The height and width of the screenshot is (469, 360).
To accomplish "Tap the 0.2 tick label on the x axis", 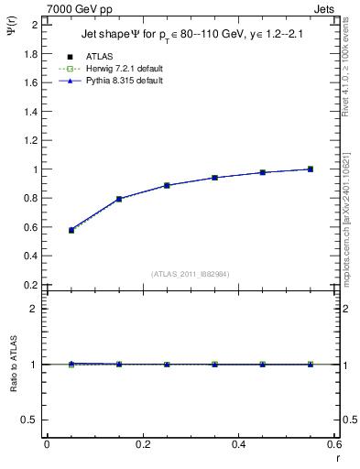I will click(x=143, y=445).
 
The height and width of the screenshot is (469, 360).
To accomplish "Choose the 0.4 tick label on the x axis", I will click(x=239, y=445).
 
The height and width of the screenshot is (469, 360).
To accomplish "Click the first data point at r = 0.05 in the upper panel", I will click(x=71, y=230).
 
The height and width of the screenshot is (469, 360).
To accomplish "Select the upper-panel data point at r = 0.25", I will click(x=167, y=185).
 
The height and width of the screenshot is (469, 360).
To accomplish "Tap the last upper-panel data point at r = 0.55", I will click(x=311, y=169).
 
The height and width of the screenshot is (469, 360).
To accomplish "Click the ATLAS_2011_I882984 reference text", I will click(x=190, y=273).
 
